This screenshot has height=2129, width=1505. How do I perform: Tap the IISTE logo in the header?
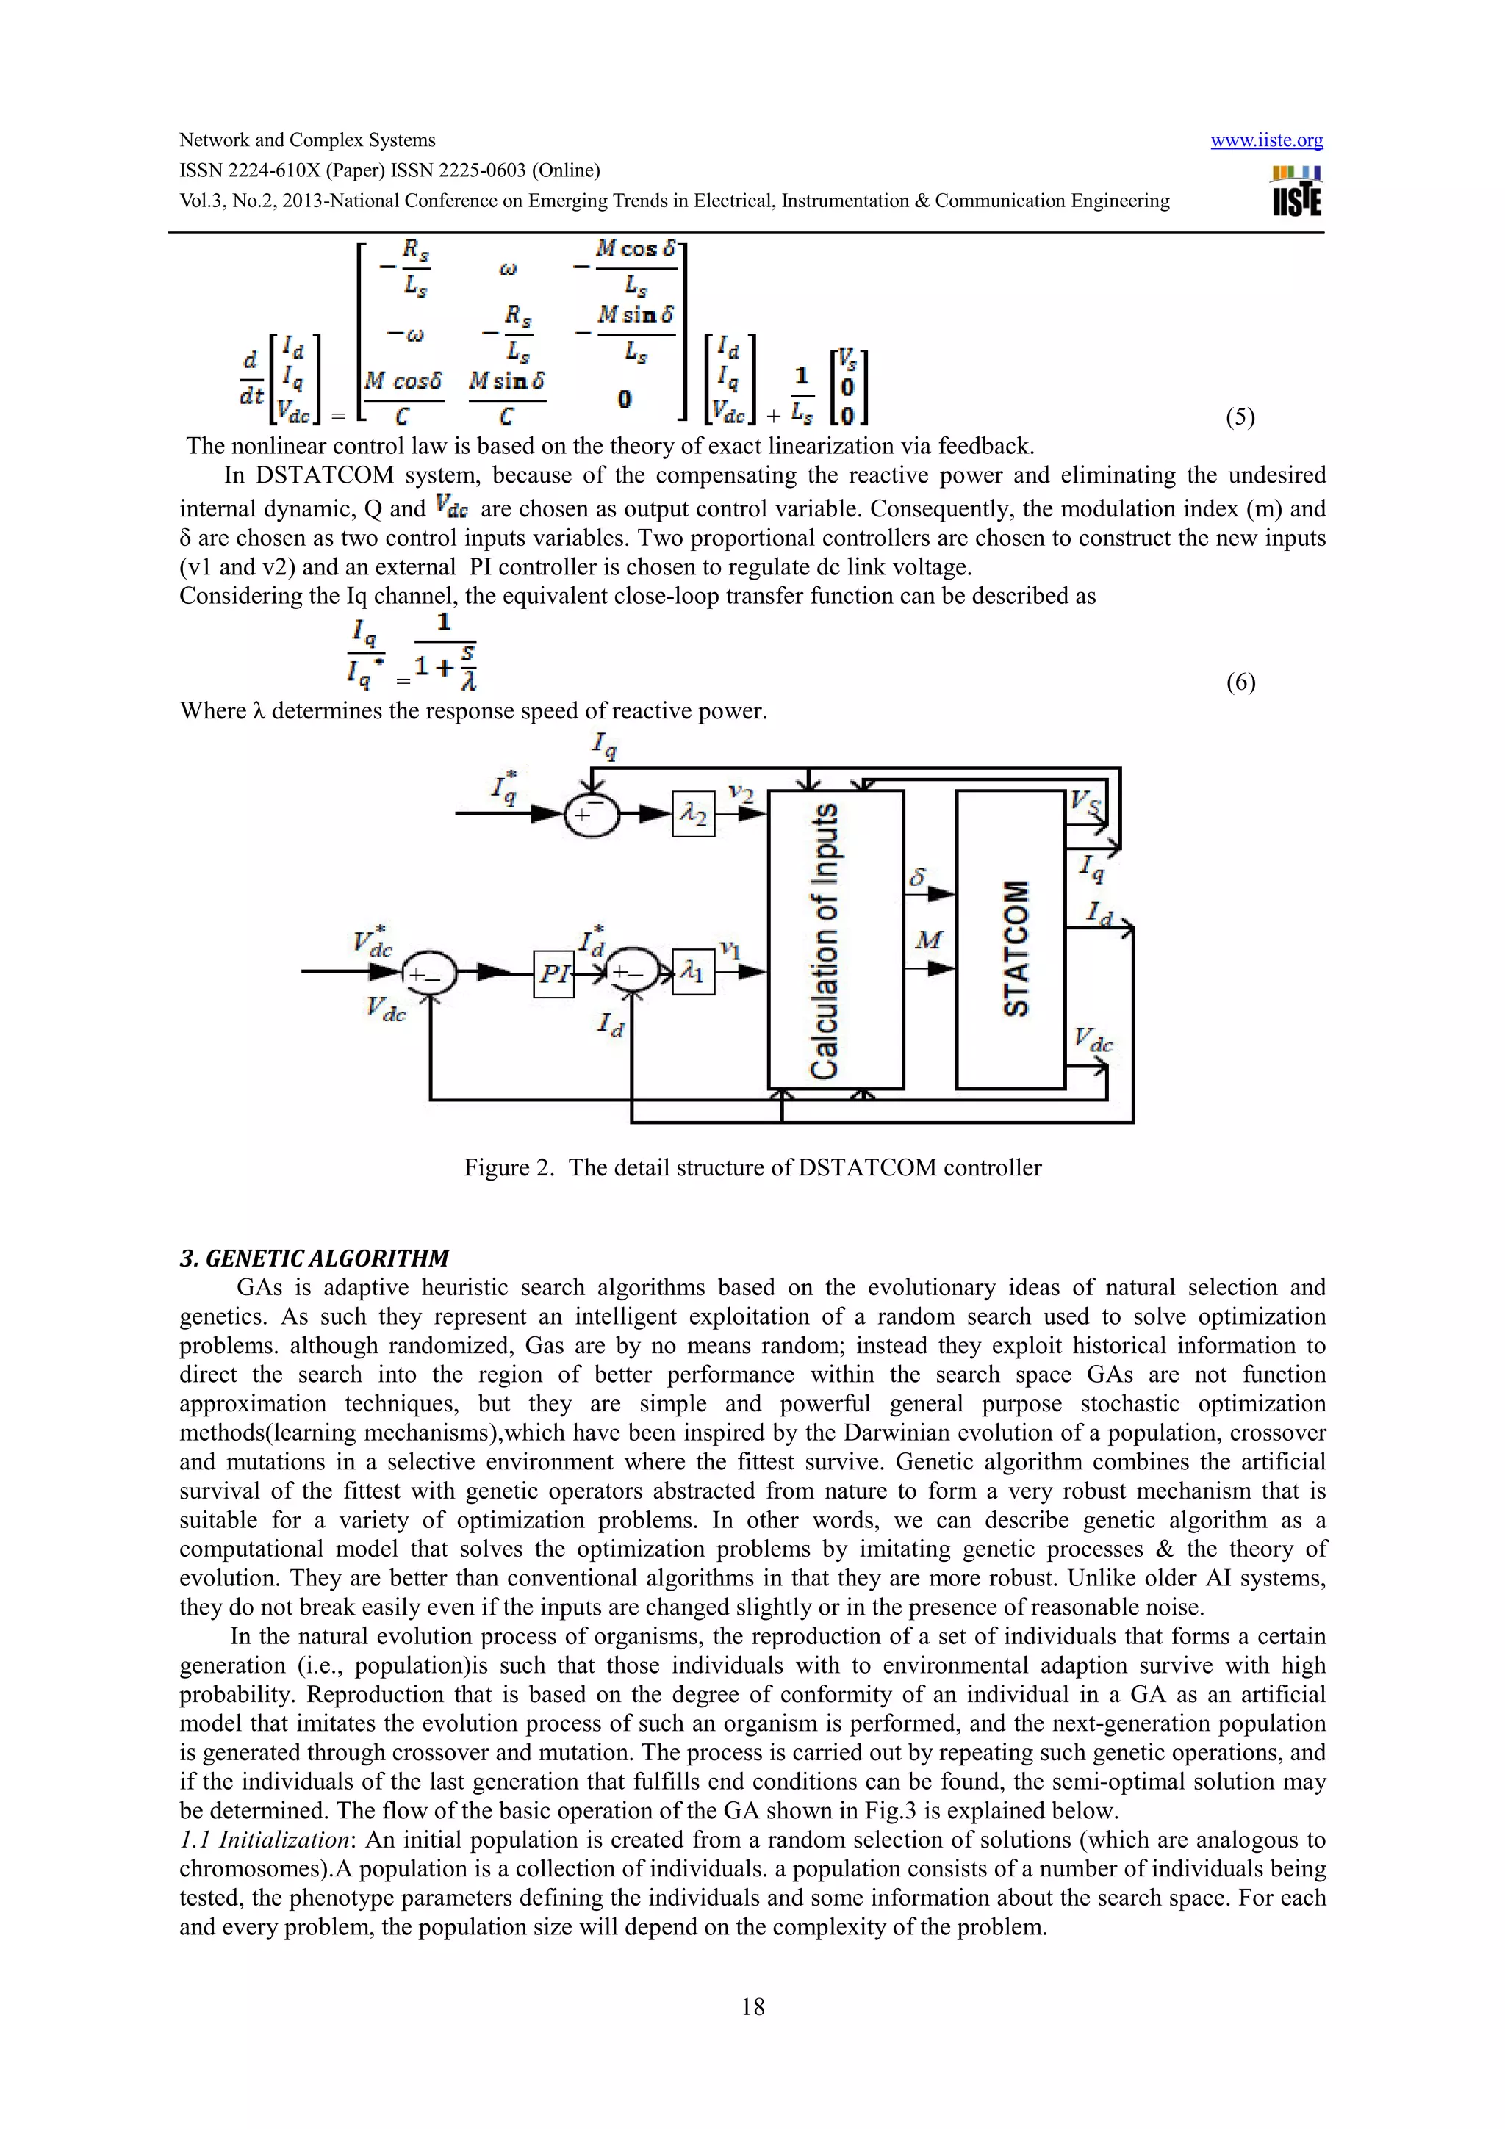(1296, 192)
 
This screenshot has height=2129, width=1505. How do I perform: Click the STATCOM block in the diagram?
(1010, 940)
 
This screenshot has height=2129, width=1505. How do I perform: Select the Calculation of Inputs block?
(835, 940)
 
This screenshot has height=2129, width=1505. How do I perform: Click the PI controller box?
(553, 973)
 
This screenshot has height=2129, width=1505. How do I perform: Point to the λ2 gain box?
(693, 814)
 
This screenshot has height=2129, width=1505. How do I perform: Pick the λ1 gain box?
(693, 972)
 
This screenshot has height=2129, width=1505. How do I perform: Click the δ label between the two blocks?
(918, 876)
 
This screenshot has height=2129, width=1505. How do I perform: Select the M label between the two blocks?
(927, 940)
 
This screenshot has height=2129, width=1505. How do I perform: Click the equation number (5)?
(1240, 417)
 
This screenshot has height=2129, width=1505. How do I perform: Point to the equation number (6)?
(1240, 682)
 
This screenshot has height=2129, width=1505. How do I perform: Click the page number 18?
(752, 2006)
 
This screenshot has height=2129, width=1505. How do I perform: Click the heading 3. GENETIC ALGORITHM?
(314, 1258)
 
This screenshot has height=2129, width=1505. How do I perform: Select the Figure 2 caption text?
(752, 1167)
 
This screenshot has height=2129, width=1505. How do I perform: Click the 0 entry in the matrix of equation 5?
(624, 399)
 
